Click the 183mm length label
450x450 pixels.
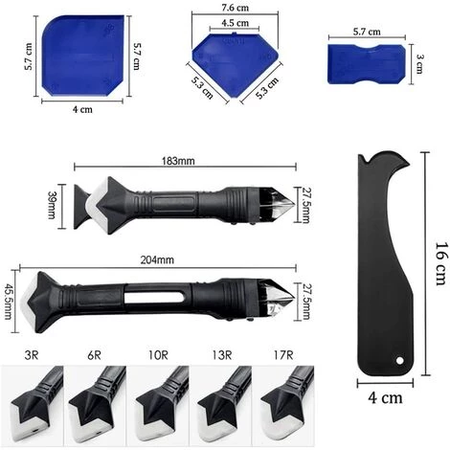[178, 161]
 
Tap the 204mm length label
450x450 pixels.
[157, 259]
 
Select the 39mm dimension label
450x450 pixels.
[52, 205]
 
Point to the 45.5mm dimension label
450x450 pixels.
[9, 301]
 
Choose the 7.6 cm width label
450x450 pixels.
[236, 8]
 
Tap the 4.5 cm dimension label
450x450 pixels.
[236, 23]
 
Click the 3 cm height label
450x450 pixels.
[420, 64]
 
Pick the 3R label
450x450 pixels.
[32, 355]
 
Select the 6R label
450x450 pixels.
[94, 355]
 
